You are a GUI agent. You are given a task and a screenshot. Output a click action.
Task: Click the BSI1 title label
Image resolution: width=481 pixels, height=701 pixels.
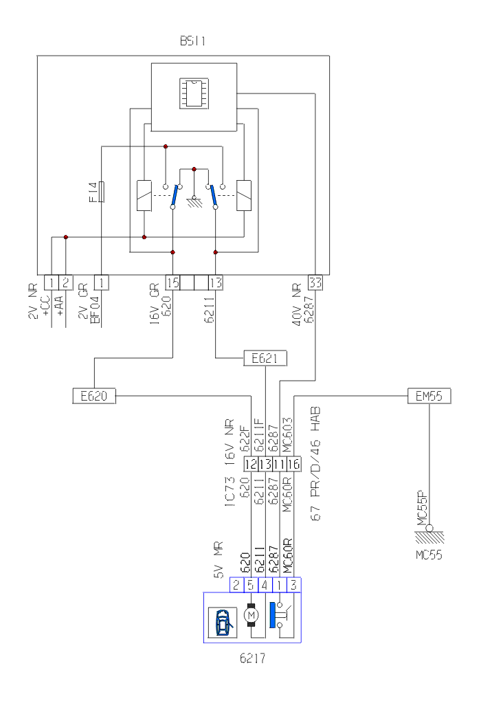click(192, 41)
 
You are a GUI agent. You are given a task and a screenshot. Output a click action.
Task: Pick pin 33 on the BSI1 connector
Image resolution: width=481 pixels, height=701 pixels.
click(315, 282)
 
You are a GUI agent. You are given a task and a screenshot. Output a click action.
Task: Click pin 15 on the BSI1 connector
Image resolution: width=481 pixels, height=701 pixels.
click(173, 282)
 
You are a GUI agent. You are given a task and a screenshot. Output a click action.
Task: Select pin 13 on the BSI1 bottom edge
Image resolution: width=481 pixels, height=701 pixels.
click(216, 282)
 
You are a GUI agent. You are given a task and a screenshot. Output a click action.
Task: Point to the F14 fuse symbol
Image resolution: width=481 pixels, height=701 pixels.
click(102, 192)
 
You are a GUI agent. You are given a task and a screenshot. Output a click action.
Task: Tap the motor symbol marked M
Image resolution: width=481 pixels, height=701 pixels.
click(251, 613)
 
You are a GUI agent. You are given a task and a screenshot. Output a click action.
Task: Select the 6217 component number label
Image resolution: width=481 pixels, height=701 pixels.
click(252, 658)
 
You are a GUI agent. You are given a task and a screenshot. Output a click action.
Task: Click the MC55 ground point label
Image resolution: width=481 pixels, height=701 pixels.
click(428, 554)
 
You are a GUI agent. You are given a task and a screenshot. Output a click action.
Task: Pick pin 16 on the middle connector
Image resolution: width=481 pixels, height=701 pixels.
click(294, 463)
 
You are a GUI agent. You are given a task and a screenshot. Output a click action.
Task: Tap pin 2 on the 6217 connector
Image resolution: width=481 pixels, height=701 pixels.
click(236, 586)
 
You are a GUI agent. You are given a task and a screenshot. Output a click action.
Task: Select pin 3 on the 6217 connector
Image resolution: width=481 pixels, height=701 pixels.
click(294, 586)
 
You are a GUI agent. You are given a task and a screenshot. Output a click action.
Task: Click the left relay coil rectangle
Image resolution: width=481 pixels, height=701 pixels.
click(144, 195)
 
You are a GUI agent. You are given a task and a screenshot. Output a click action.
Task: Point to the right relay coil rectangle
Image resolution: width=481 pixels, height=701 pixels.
click(244, 195)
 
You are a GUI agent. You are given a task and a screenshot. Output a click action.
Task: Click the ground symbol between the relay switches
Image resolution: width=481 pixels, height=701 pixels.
click(195, 199)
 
